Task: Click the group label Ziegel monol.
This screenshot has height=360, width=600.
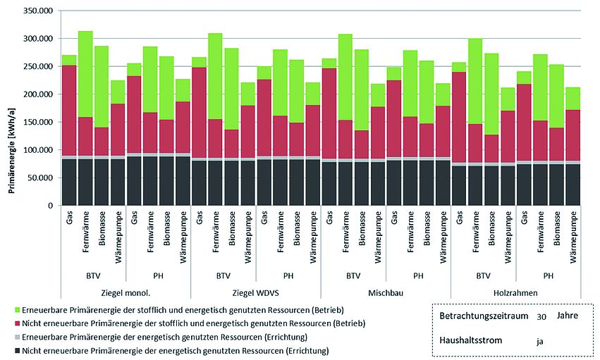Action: [x=125, y=292]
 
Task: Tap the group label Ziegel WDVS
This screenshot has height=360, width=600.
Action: [x=255, y=292]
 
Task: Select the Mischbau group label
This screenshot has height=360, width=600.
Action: [x=385, y=292]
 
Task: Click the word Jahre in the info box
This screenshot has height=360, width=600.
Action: [x=568, y=316]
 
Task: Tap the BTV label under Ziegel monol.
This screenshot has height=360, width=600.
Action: [x=93, y=275]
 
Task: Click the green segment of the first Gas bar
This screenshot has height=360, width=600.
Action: [x=69, y=60]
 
